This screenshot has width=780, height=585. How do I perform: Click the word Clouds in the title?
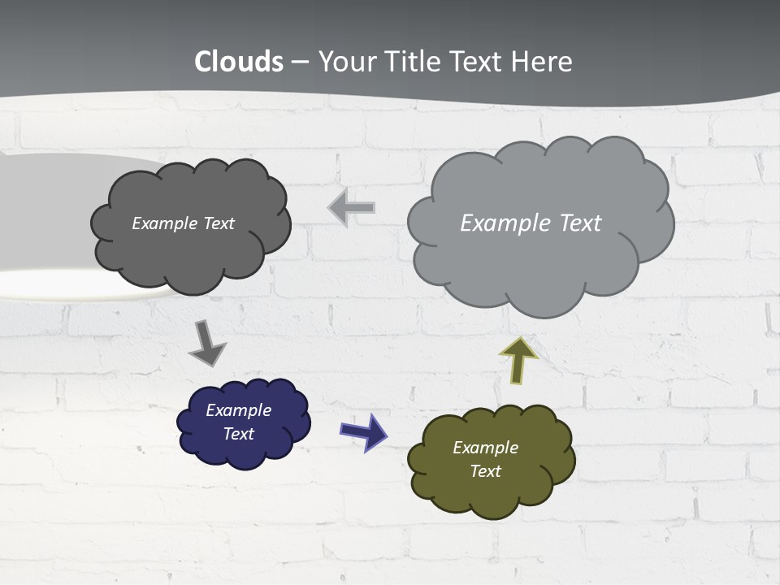pyautogui.click(x=239, y=62)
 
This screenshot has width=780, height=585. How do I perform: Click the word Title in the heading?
pyautogui.click(x=413, y=62)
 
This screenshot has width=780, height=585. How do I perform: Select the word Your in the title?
pyautogui.click(x=347, y=62)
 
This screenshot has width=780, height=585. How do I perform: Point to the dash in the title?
pyautogui.click(x=300, y=63)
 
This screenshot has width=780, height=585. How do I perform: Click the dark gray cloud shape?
pyautogui.click(x=191, y=252)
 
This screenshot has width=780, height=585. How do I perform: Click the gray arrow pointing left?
pyautogui.click(x=352, y=208)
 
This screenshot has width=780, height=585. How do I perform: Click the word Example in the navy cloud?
pyautogui.click(x=238, y=410)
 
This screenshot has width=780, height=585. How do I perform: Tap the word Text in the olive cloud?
pyautogui.click(x=485, y=471)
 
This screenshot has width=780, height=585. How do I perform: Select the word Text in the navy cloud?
pyautogui.click(x=238, y=434)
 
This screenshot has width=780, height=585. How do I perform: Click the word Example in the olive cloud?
pyautogui.click(x=485, y=448)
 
